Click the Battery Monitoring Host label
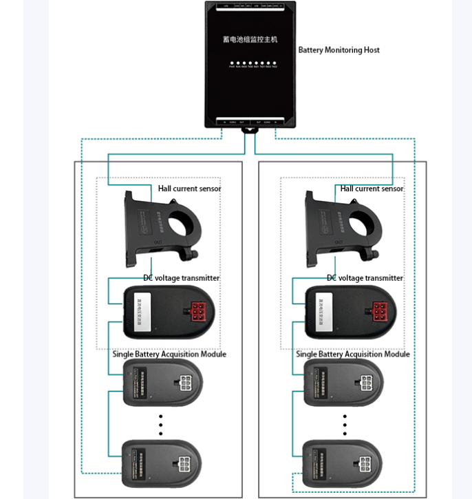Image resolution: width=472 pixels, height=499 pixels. click(339, 50)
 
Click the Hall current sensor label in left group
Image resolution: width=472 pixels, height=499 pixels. click(189, 189)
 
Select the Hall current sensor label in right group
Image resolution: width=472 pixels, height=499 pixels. click(372, 189)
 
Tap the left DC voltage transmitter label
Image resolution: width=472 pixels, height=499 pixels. click(181, 278)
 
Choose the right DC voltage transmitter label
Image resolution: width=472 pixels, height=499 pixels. click(365, 278)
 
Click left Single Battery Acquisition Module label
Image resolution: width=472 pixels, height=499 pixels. click(169, 354)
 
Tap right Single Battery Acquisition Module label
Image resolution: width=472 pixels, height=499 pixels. click(353, 354)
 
